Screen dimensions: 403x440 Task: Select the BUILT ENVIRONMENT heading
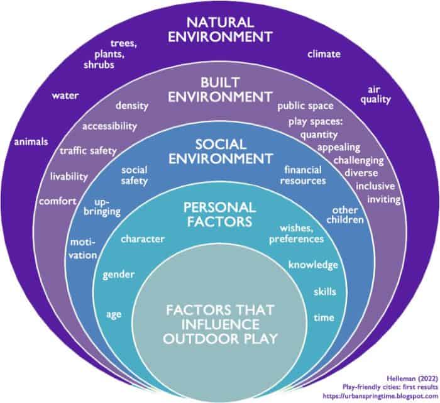pos(222,90)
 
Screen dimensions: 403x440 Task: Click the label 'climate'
pos(324,54)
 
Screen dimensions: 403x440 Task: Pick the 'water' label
pos(65,96)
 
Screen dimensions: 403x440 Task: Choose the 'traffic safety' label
pos(89,150)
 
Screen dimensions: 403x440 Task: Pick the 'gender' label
pos(119,275)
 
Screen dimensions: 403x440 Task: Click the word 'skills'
pos(324,292)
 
